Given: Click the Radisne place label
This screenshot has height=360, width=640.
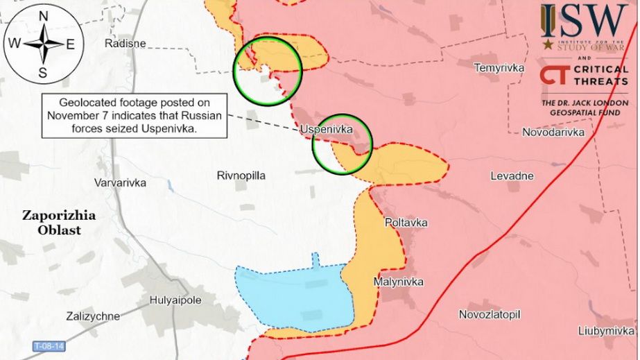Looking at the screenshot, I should pos(125,44).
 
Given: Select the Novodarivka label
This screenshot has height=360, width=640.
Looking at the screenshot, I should pos(553,132).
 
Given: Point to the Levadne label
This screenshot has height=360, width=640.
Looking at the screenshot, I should pos(512,175).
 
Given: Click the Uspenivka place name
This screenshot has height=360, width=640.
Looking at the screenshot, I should pos(327,130).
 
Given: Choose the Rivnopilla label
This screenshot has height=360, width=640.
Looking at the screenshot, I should pos(241,175).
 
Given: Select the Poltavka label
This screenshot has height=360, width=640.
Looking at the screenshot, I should pos(406,223).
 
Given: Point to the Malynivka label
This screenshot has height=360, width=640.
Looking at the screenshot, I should pos(398,282).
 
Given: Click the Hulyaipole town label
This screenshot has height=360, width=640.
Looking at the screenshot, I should pos(175,300).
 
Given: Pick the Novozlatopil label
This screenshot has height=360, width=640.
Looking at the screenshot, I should pos(489,314).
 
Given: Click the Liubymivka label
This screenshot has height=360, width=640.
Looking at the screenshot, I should pos(609,331).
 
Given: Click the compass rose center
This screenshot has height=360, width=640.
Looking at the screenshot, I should pos(43,44).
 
